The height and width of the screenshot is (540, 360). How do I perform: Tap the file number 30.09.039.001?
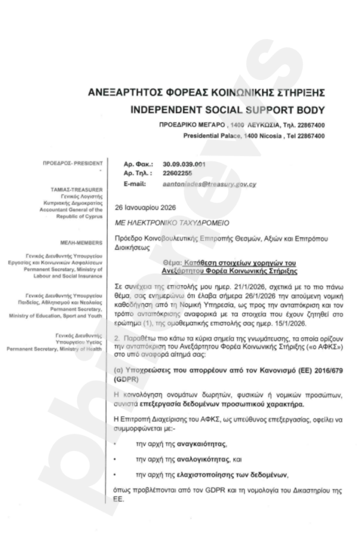coord(184,165)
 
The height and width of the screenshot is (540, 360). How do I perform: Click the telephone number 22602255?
coord(178,173)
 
